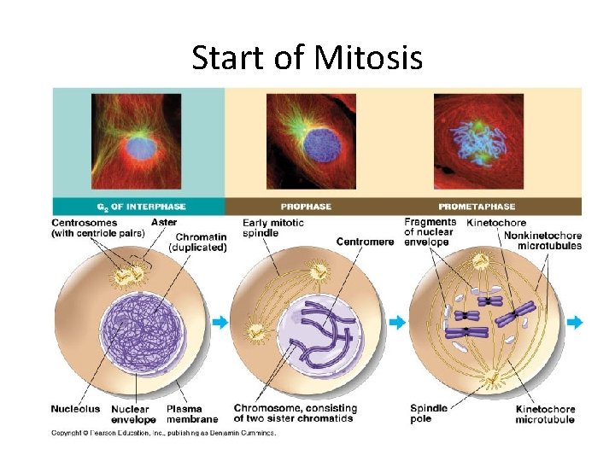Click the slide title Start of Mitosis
click(x=307, y=58)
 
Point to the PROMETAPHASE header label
click(x=477, y=207)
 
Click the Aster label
click(x=164, y=223)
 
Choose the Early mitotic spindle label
click(x=272, y=228)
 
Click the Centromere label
click(x=365, y=242)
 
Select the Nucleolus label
click(x=75, y=409)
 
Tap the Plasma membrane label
click(x=191, y=414)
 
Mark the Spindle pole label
click(x=428, y=414)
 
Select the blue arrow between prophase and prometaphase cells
click(x=396, y=322)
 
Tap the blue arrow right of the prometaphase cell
click(x=574, y=322)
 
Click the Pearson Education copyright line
click(x=163, y=433)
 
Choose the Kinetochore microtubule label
click(x=545, y=414)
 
